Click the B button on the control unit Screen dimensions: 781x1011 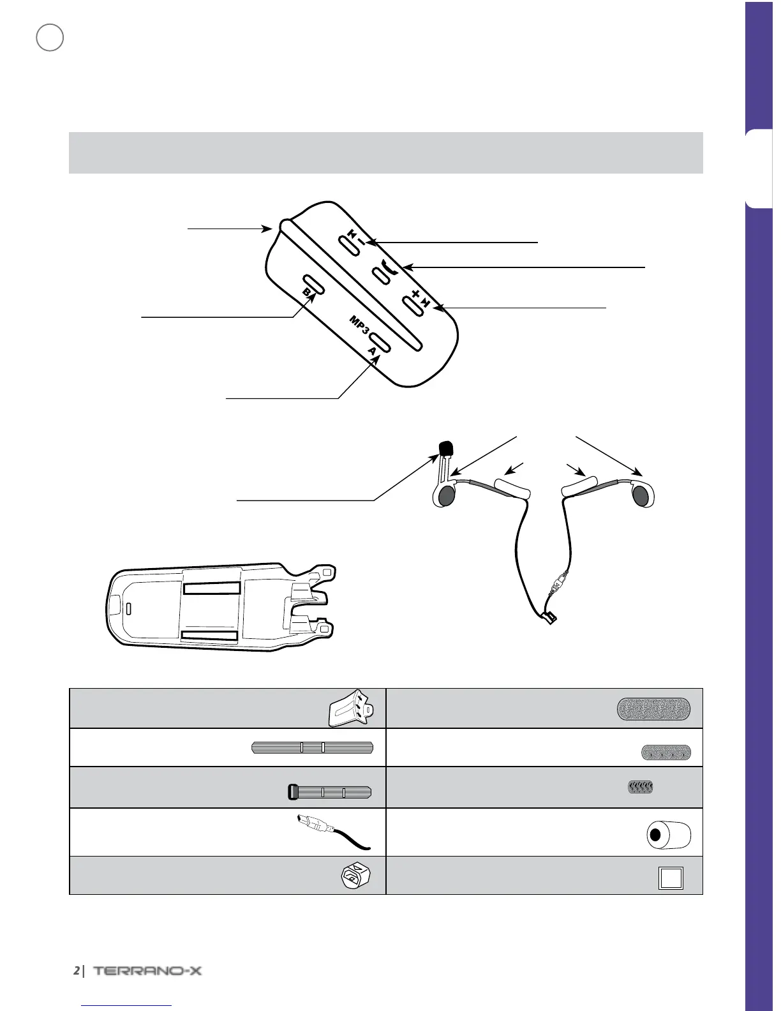(x=313, y=285)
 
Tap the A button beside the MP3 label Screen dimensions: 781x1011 (x=379, y=341)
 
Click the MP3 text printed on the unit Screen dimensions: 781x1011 (x=359, y=325)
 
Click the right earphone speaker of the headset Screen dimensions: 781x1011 (x=643, y=495)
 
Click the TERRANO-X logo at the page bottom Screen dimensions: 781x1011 (x=147, y=971)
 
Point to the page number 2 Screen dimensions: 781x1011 (x=76, y=971)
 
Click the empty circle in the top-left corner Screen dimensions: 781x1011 (x=50, y=38)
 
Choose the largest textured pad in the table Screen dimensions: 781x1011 (x=654, y=708)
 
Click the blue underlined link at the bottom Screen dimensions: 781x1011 (x=127, y=1005)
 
